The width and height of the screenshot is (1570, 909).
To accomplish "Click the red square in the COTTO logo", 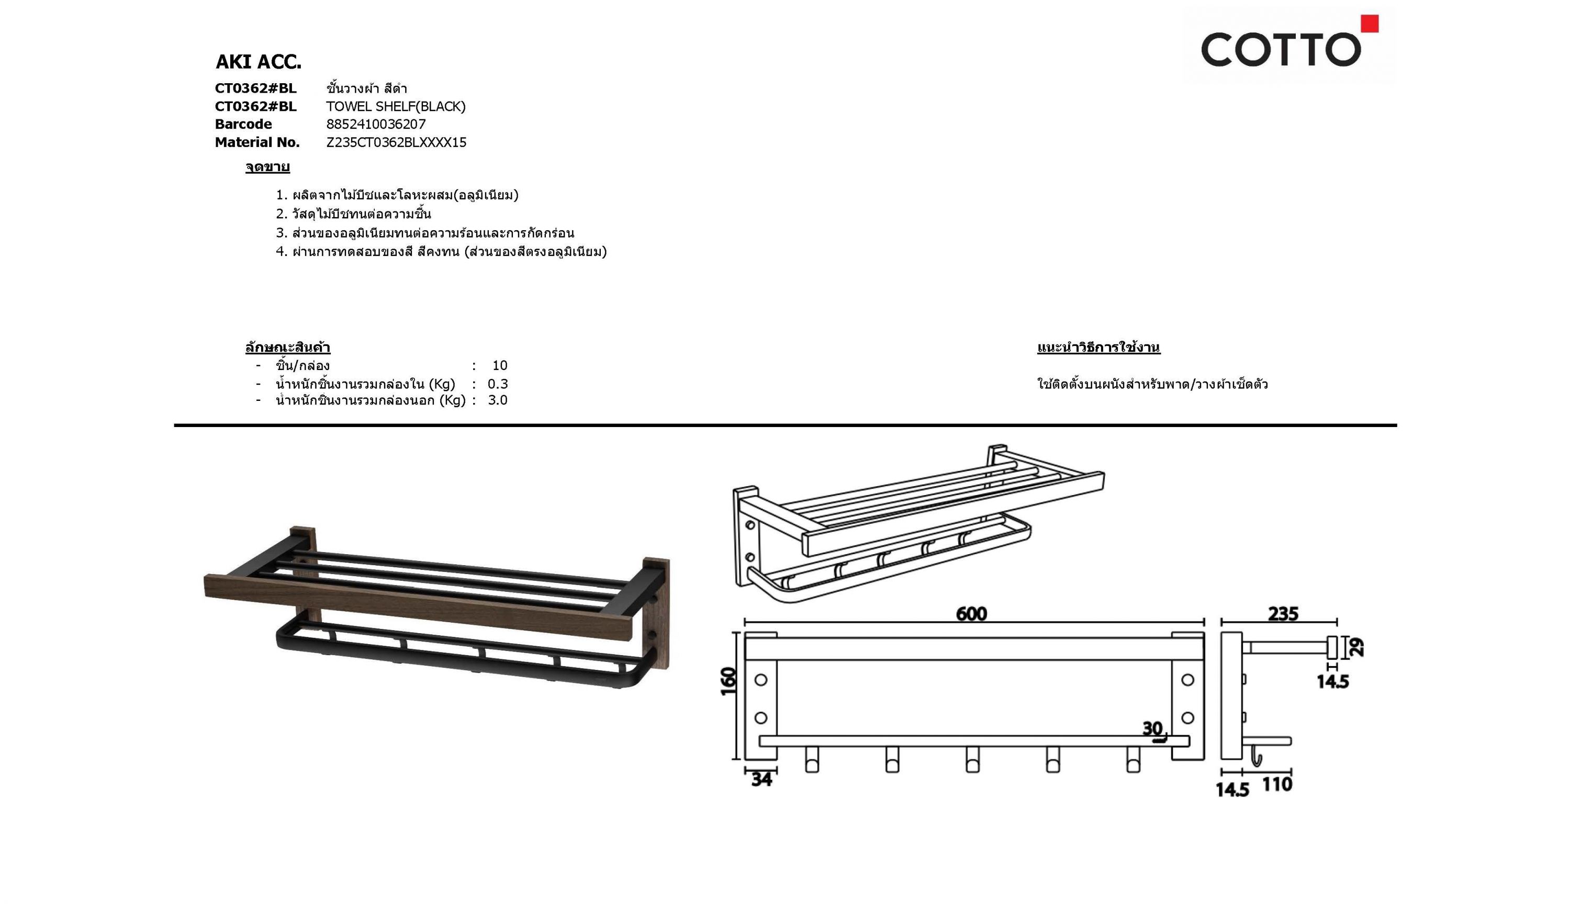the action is coord(1370,24).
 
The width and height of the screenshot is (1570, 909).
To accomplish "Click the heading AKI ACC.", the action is coord(258,62).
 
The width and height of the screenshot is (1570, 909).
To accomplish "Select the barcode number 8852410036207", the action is coord(376,124).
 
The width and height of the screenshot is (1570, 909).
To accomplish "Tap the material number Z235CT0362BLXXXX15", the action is coord(396,142).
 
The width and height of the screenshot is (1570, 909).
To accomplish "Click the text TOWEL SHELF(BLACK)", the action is coord(396,107).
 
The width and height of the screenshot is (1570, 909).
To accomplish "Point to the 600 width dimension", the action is coord(971,614).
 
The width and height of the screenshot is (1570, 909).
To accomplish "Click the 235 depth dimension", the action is coord(1283,614).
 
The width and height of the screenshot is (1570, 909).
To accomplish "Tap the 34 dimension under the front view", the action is coord(761,779).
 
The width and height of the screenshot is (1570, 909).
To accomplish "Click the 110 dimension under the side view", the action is coord(1277,784).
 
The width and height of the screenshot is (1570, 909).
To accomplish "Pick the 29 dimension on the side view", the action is coord(1355,647).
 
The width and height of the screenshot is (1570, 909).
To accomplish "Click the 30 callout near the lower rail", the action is coord(1152,728).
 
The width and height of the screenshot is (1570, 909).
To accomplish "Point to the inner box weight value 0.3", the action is coord(498,384).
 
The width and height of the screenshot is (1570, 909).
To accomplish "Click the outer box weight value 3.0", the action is coord(498,400).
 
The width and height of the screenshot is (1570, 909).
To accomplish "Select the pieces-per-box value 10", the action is coord(500,366).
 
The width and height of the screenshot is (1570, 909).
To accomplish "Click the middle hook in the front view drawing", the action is coord(972,759).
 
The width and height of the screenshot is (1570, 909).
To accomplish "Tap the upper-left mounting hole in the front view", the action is coord(761,680).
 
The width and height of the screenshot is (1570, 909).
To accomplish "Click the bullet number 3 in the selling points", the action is coord(281,233).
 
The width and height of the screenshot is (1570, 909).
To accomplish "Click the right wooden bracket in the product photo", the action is coord(656,614).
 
